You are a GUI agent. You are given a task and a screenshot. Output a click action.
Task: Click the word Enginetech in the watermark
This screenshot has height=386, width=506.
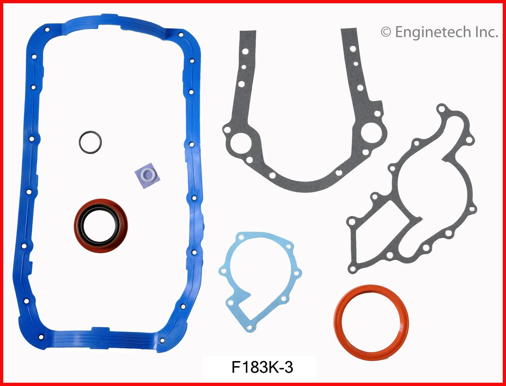pyautogui.click(x=434, y=32)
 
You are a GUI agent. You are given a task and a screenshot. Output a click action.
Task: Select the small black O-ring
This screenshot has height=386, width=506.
pyautogui.click(x=90, y=142)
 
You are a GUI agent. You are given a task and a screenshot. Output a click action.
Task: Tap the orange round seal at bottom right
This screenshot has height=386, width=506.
pyautogui.click(x=371, y=318)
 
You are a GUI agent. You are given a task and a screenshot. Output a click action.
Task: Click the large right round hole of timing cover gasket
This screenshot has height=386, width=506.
pyautogui.click(x=370, y=131)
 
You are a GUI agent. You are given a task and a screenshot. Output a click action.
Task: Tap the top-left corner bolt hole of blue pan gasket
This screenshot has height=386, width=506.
pyautogui.click(x=47, y=29)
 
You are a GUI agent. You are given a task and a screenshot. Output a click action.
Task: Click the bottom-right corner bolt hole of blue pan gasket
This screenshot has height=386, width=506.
pyautogui.click(x=161, y=340)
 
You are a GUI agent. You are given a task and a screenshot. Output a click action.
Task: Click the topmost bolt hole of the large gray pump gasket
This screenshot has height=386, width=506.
pyautogui.click(x=442, y=108)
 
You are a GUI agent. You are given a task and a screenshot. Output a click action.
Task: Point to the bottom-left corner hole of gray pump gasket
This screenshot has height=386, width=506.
pyautogui.click(x=352, y=269)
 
